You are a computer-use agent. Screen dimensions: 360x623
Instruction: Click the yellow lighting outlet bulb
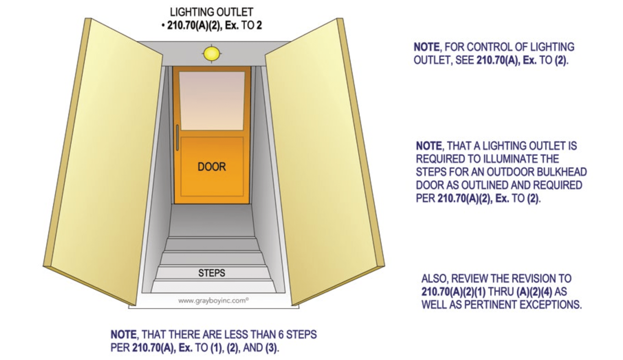click(x=212, y=54)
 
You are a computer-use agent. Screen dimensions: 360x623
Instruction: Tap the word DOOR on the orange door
click(x=212, y=167)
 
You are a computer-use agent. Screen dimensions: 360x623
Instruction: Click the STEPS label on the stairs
click(x=212, y=273)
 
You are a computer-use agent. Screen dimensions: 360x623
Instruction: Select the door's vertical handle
click(x=177, y=137)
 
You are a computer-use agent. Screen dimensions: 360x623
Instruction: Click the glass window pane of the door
click(x=212, y=100)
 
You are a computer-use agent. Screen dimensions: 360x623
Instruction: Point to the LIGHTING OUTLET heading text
click(x=212, y=12)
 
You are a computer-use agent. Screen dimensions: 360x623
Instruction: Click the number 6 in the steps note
click(x=281, y=335)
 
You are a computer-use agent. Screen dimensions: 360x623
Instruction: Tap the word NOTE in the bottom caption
click(x=123, y=335)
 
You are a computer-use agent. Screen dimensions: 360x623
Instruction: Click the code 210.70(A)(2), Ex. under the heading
click(x=203, y=26)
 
